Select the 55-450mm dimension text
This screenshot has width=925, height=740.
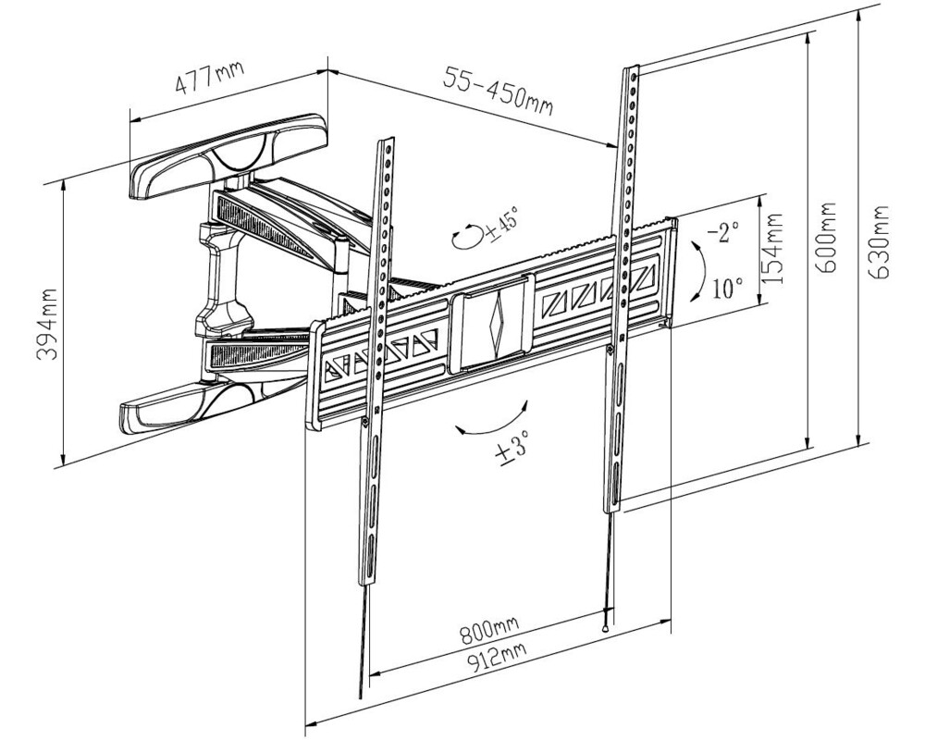[x=499, y=91]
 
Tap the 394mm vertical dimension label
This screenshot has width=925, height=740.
[x=48, y=324]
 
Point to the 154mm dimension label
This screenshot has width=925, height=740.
[x=772, y=249]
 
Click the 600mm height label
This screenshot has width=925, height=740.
[x=826, y=237]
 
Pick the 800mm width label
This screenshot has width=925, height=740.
[x=489, y=632]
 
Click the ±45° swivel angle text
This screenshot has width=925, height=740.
[x=500, y=223]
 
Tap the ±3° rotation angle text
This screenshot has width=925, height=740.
[x=512, y=451]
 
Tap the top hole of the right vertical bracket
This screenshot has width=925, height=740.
[x=634, y=78]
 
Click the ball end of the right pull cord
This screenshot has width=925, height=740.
[x=606, y=628]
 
